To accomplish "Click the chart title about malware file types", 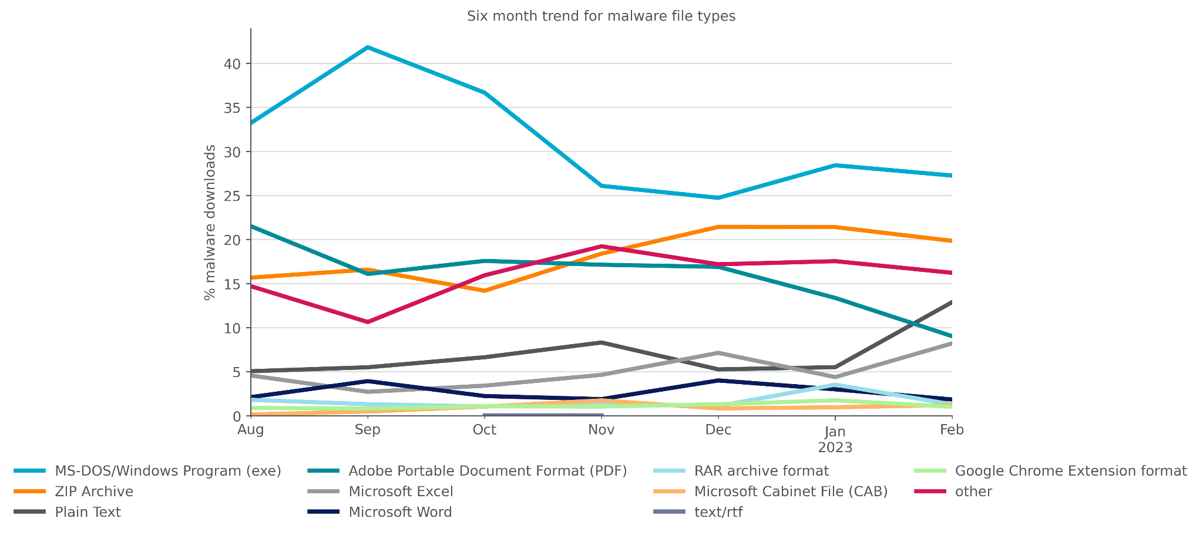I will coord(601,16).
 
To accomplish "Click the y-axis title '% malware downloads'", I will coord(210,222).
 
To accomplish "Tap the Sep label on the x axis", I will coord(367,430).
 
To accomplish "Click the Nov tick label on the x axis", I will coord(601,430).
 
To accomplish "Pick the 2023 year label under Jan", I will coord(835,448).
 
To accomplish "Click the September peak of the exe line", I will coord(368,48).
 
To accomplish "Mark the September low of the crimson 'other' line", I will coord(368,322).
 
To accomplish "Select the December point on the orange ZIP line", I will coord(718,227).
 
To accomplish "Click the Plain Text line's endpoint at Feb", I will coord(950,302).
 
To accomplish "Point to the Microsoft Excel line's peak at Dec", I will coord(718,353).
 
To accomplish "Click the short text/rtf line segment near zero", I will coord(543,415).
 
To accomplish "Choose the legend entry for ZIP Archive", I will coord(94,492).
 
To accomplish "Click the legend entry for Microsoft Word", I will coord(400,512).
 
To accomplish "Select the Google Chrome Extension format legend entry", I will coord(1070,471).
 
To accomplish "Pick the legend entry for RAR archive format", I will coord(761,471).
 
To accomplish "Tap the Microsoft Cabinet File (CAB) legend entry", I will coord(790,492).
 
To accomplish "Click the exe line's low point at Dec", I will coord(718,197).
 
